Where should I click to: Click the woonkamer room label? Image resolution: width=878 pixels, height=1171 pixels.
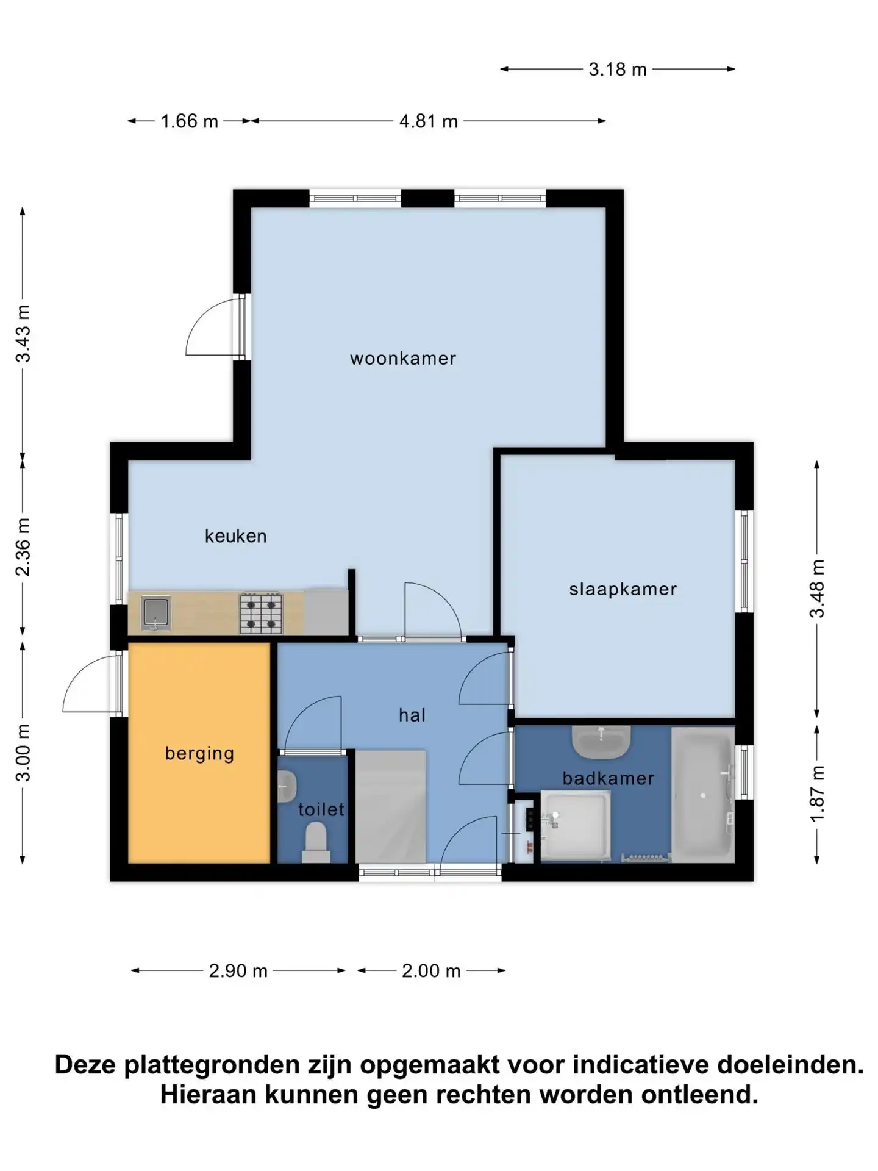point(403,358)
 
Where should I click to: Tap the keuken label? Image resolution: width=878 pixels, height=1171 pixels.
point(236,536)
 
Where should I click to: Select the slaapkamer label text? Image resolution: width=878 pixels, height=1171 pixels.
point(623,589)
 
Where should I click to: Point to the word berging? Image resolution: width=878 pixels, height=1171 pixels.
point(200,754)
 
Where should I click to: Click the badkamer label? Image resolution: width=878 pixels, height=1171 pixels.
point(609,778)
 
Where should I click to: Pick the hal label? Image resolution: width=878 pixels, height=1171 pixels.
point(412,715)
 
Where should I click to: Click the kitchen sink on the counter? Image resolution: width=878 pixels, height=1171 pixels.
point(155,613)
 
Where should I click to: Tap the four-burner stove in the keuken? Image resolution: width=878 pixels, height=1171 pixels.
point(262,612)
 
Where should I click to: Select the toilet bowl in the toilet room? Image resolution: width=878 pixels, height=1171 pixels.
point(316,842)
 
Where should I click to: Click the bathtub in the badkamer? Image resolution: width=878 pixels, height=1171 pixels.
point(702,795)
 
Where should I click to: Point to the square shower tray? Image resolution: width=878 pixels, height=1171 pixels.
point(576,826)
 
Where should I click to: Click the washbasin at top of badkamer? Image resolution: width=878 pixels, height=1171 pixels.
point(601,742)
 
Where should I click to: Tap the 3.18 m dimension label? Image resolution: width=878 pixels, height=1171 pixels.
point(618,70)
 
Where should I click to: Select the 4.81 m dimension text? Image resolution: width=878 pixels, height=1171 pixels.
point(429,121)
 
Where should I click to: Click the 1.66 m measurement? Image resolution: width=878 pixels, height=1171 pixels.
point(189,121)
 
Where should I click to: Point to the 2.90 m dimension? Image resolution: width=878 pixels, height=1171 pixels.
point(238,970)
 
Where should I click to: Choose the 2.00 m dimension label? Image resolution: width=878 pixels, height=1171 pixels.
point(431,970)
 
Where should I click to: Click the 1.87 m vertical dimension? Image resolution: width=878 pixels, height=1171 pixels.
point(817,793)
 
